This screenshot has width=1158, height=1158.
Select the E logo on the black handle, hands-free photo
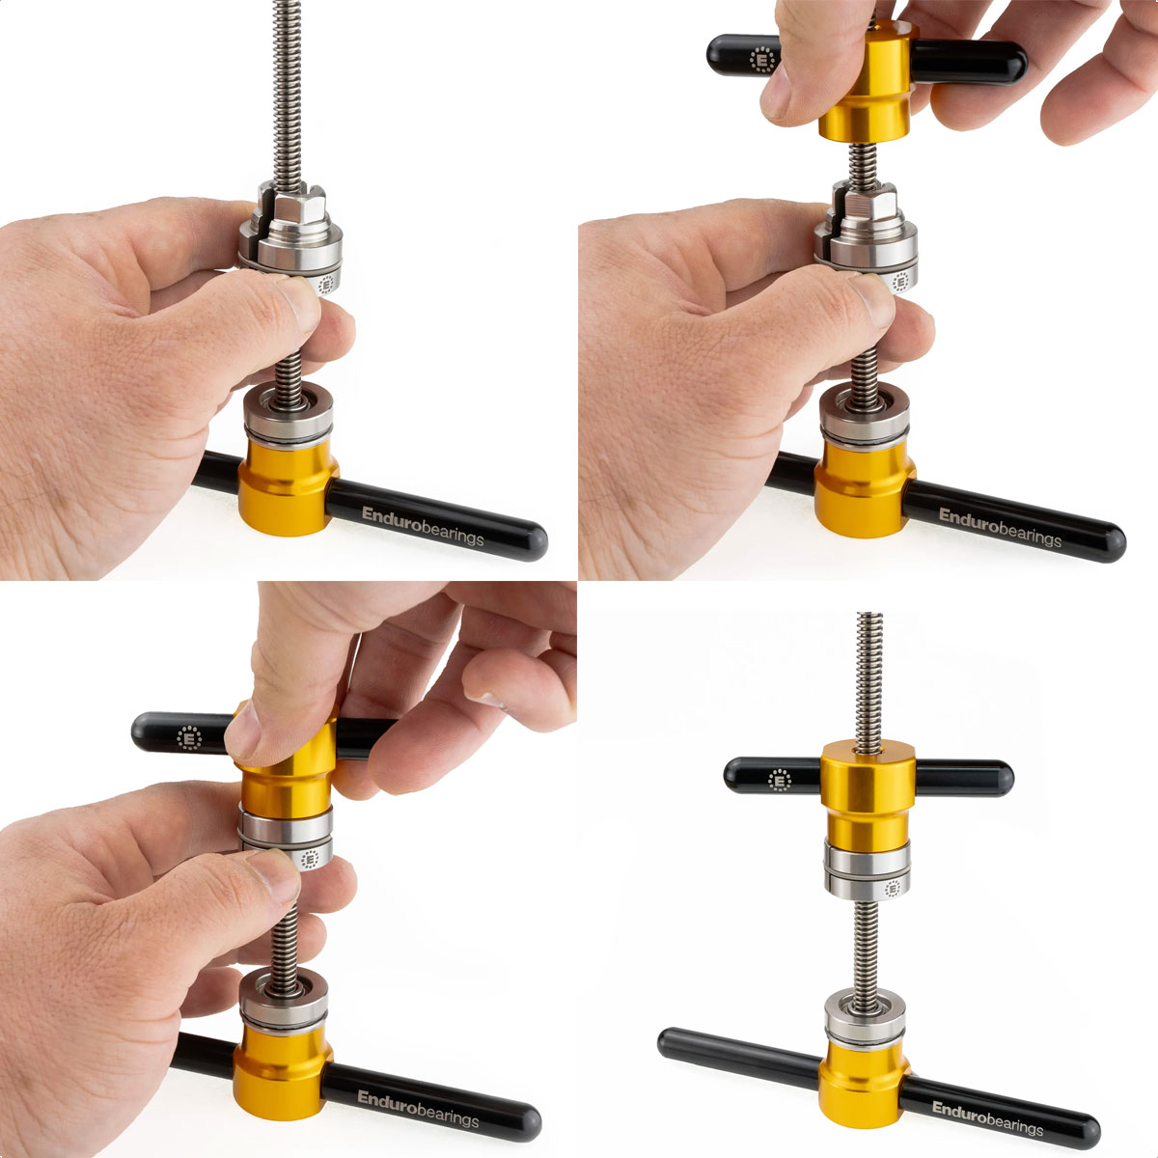click(x=780, y=780)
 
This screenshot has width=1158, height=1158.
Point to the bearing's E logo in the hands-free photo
click(x=893, y=888)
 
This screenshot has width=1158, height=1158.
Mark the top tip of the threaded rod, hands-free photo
click(x=869, y=614)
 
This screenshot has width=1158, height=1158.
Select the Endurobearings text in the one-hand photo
click(x=423, y=526)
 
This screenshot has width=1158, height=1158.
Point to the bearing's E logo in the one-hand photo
click(x=326, y=285)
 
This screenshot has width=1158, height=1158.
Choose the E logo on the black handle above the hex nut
click(x=763, y=60)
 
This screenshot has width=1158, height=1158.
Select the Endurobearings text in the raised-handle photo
click(x=1000, y=527)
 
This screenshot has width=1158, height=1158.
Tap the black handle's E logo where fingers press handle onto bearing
click(x=190, y=738)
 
